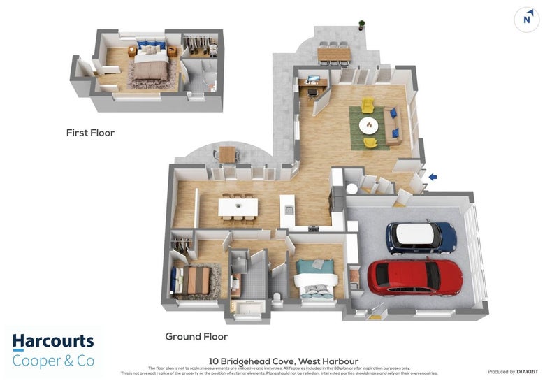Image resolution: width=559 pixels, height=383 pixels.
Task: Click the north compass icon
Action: (528, 20)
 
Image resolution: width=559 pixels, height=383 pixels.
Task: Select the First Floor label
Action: (90, 132)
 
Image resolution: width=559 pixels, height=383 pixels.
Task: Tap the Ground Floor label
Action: (196, 336)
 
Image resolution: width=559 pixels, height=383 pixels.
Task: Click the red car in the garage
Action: (415, 277)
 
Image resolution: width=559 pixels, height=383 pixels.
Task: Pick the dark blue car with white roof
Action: (421, 238)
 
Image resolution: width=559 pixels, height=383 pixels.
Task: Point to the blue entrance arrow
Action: (433, 177)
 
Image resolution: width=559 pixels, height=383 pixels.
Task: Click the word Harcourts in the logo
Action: (53, 342)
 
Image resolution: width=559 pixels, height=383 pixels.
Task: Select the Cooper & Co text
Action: (53, 361)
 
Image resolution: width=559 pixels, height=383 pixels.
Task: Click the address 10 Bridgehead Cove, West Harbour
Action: (279, 361)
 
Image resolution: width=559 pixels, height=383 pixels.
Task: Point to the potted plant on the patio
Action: (362, 25)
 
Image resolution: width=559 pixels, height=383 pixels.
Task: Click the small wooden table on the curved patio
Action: (228, 153)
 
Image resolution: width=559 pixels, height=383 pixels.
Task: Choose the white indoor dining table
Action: (238, 207)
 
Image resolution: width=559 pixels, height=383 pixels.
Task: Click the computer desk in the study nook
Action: (312, 84)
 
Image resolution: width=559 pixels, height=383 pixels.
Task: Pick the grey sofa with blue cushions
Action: (393, 127)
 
